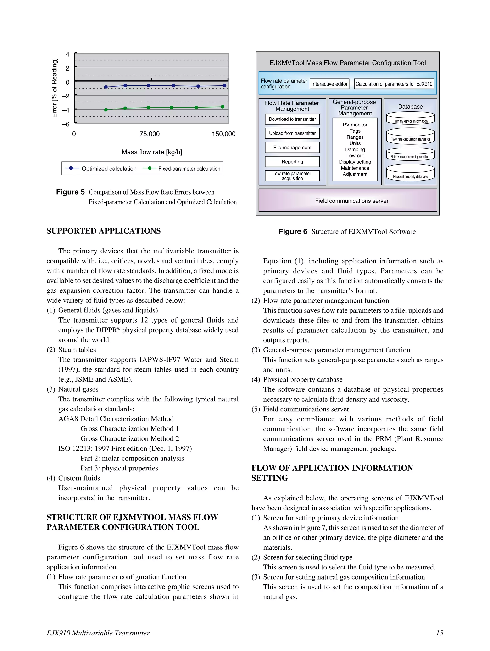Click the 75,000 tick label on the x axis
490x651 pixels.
point(150,134)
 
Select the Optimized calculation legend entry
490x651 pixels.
point(101,169)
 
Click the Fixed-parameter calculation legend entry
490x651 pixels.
point(182,169)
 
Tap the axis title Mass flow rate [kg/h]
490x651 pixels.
point(152,152)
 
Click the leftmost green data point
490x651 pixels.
point(106,110)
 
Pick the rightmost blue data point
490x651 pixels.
point(225,86)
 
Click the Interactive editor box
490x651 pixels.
point(329,84)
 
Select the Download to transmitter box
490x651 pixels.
point(292,119)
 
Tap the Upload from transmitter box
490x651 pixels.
point(292,133)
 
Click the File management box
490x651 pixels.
point(292,148)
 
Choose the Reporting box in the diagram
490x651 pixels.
point(292,162)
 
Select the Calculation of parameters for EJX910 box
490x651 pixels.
point(394,84)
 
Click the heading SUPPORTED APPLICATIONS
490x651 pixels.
point(104,231)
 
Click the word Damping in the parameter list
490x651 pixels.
point(355,149)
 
